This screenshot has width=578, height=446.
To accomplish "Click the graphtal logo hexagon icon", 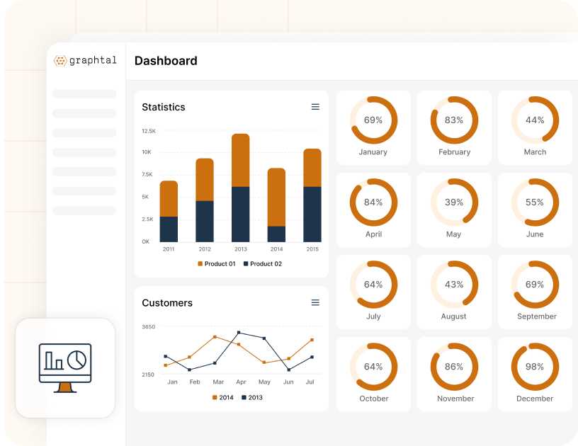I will click(60, 61).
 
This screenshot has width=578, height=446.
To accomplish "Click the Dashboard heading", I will click(166, 61).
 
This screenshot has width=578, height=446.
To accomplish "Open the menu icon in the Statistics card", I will click(315, 107).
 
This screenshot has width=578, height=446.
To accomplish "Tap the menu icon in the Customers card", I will click(315, 302).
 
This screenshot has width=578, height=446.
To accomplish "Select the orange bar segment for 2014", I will click(276, 197).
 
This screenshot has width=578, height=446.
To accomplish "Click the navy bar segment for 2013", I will click(241, 214).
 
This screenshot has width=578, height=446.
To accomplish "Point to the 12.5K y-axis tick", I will click(149, 131).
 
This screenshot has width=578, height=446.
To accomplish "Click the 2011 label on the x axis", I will click(169, 249).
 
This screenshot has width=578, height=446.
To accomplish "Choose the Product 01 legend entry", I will click(216, 264).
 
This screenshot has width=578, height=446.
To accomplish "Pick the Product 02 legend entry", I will click(263, 264).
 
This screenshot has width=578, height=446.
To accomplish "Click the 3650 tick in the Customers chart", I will click(148, 327).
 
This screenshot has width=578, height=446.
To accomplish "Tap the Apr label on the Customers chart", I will click(241, 382).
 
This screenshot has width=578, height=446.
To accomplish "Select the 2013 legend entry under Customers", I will click(252, 398).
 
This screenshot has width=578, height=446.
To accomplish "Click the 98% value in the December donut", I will click(535, 367).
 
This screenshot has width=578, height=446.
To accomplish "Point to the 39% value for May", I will click(454, 202).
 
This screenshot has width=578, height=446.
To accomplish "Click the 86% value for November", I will click(454, 367).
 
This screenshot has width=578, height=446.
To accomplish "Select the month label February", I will click(454, 152).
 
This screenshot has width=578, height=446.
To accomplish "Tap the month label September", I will click(536, 316).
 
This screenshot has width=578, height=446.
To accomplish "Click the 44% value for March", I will click(535, 120).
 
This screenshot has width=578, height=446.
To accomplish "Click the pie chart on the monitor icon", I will click(76, 359).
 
